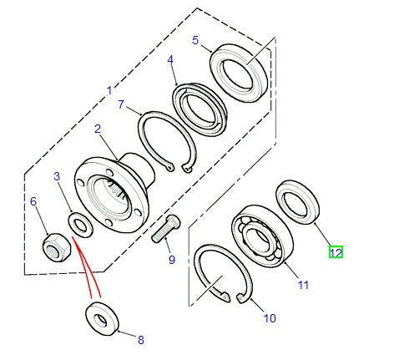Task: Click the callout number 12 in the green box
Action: click(336, 252)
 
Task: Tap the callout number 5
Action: click(195, 40)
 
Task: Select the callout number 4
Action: click(170, 60)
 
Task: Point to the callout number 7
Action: click(121, 104)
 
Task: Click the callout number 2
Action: click(98, 129)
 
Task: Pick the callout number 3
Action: click(57, 176)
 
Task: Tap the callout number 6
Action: click(33, 201)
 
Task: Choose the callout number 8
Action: click(141, 340)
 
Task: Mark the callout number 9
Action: click(172, 260)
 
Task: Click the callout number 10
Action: click(270, 318)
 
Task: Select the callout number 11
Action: click(303, 285)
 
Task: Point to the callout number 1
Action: click(110, 90)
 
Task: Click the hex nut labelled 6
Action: click(57, 247)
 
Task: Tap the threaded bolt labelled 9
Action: click(166, 228)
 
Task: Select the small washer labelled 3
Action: click(80, 225)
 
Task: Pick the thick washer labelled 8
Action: click(102, 318)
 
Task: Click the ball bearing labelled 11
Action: click(261, 236)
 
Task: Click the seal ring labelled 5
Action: click(239, 73)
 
